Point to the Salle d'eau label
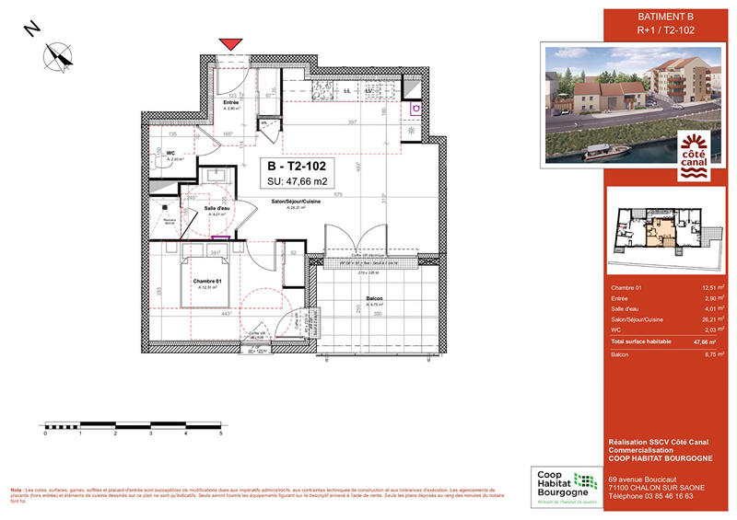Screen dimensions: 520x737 pos(204,209)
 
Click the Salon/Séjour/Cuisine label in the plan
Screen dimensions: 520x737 pos(296,201)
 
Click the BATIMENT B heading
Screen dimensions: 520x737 pos(666,17)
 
